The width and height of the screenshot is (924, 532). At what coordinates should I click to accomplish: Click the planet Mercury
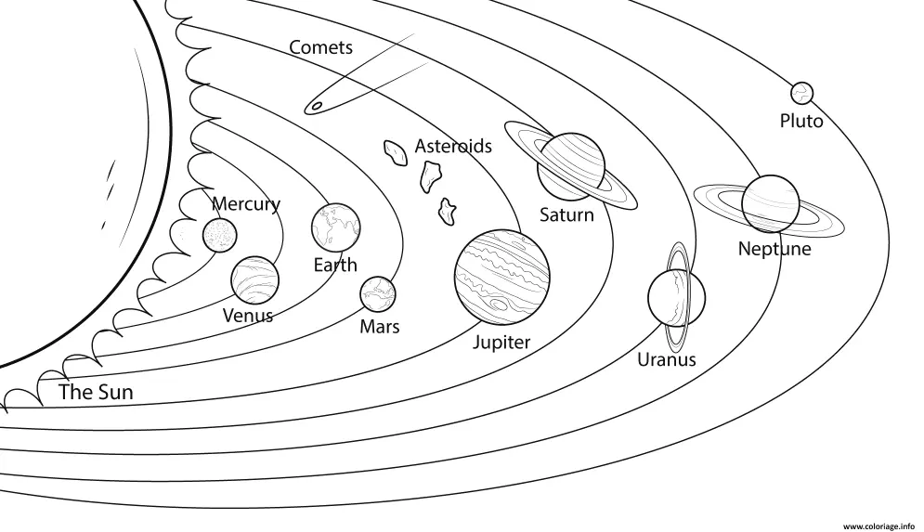[x=220, y=235]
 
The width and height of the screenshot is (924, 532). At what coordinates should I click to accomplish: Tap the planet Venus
[x=254, y=279]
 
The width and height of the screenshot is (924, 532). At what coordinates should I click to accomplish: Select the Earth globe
[x=336, y=227]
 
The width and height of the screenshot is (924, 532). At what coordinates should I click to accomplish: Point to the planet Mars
[x=378, y=294]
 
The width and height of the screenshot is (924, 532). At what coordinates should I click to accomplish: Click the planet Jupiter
[x=502, y=277]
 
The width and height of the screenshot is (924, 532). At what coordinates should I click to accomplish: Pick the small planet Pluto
[x=801, y=93]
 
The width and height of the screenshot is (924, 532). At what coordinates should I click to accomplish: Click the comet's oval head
[x=317, y=106]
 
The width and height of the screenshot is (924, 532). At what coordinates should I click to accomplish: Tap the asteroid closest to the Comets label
[x=396, y=152]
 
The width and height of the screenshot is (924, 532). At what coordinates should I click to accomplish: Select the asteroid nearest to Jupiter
[x=448, y=211]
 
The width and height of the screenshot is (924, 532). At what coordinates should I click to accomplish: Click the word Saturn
[x=566, y=215]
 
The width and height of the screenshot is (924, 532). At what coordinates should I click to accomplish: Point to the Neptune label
[x=774, y=249]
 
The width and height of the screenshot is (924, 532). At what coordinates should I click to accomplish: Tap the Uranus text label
[x=667, y=359]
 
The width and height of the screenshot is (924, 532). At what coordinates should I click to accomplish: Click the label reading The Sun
[x=96, y=392]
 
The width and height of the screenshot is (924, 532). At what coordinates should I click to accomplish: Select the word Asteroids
[x=453, y=146]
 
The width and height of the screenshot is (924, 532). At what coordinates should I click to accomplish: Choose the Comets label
[x=321, y=47]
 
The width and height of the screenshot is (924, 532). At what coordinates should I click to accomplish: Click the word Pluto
[x=801, y=122]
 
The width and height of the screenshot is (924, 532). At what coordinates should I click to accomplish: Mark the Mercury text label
[x=246, y=204]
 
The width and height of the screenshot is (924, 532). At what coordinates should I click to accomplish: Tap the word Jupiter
[x=501, y=343]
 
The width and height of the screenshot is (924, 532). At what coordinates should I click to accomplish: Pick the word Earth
[x=335, y=266]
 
